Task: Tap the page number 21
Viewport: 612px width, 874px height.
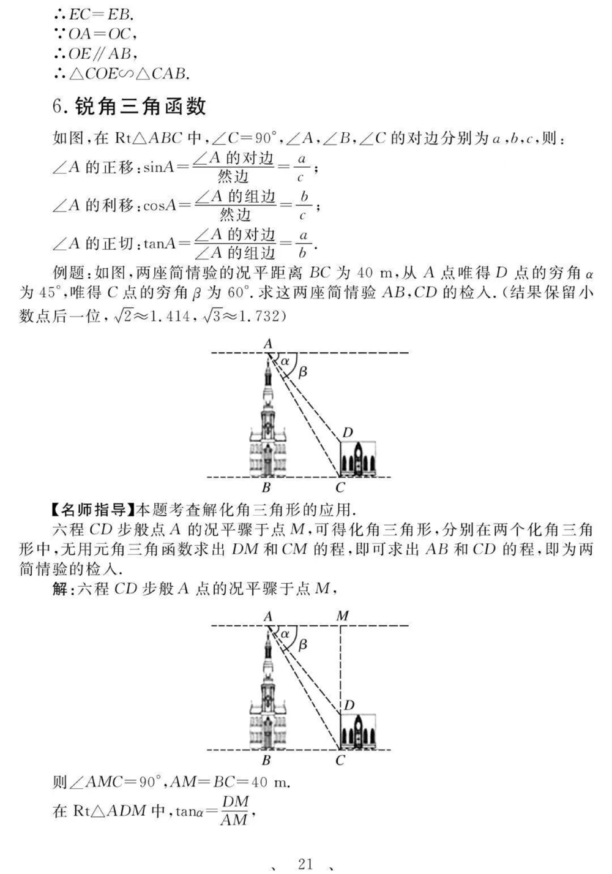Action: [x=305, y=864]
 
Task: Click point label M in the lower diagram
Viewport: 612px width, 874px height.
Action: [x=343, y=616]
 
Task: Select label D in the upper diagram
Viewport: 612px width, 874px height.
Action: [x=348, y=433]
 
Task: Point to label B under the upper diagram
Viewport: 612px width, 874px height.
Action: [x=266, y=488]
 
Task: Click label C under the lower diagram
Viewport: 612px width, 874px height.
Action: [x=340, y=761]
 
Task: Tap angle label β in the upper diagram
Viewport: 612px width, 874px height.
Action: [x=302, y=371]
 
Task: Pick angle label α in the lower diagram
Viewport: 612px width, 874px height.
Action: [x=285, y=634]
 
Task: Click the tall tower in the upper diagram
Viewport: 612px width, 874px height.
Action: [x=267, y=423]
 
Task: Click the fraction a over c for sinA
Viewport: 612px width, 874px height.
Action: [x=300, y=168]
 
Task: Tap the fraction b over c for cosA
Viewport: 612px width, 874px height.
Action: [x=303, y=206]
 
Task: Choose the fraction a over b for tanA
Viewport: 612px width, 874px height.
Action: [x=303, y=244]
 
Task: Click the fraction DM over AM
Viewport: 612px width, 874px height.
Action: [x=235, y=810]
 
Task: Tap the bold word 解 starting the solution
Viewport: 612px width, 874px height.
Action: [x=59, y=589]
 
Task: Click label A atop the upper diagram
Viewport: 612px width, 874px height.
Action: [x=268, y=344]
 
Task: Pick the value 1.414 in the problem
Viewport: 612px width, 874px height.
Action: [x=164, y=316]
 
